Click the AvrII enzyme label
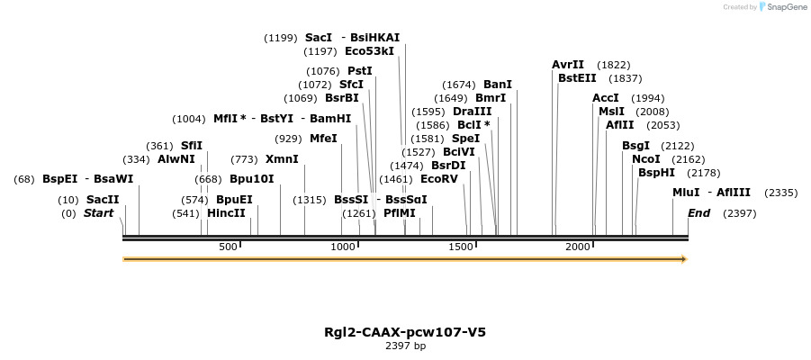(x=568, y=65)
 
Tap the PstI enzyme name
(x=360, y=70)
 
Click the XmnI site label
(x=282, y=159)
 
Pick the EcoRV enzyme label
(x=439, y=179)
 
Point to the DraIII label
(x=472, y=112)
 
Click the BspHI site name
(x=656, y=172)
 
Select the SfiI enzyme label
(x=192, y=146)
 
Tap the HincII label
(x=226, y=213)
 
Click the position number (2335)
(x=780, y=193)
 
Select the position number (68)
(x=24, y=179)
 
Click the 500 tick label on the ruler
(x=228, y=247)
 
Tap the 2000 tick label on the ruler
(x=578, y=247)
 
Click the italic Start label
(x=99, y=213)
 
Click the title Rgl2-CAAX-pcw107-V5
(x=405, y=332)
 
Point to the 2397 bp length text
(x=405, y=346)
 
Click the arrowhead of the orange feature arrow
(x=684, y=259)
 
